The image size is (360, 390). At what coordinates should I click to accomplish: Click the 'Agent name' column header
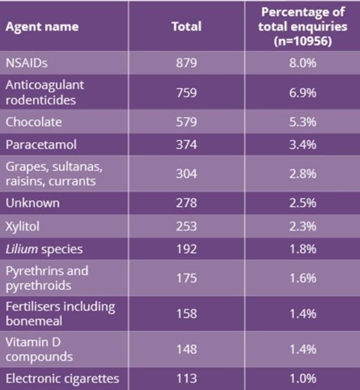coord(41,27)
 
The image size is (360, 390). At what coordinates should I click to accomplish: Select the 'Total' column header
coord(186,27)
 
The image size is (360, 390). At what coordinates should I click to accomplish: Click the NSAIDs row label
coord(27,63)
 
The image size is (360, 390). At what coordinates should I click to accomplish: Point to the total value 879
coord(186,63)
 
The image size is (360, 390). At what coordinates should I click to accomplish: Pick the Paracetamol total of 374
coord(186,147)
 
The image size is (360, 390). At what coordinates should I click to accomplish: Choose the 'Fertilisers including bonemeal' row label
coord(60,314)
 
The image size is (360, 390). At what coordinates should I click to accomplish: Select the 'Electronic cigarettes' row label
coord(61,377)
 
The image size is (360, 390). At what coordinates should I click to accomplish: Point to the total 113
coord(186,377)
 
